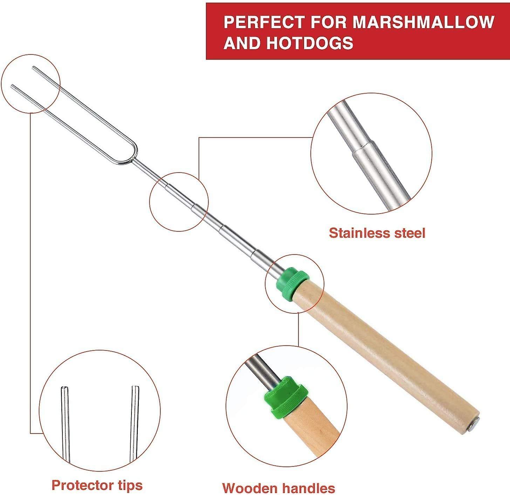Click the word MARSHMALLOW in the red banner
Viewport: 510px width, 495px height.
tap(423, 22)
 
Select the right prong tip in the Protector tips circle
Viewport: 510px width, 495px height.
tap(135, 387)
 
